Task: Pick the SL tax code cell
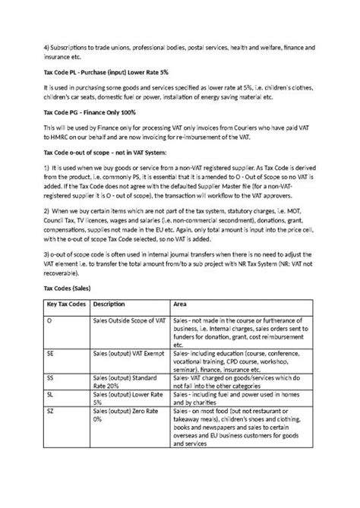coord(51,417)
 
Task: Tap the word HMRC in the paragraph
coord(62,140)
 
